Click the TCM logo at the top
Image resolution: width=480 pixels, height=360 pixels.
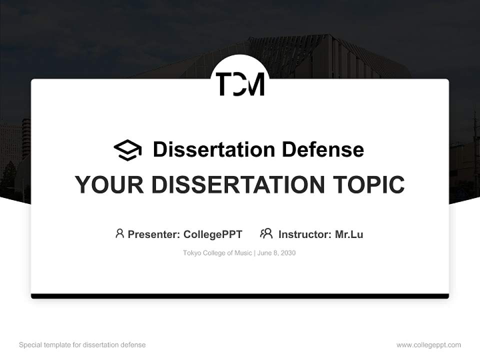[x=240, y=83]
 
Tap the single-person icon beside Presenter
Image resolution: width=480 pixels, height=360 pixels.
[x=119, y=233]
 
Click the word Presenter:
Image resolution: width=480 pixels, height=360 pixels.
[x=154, y=234]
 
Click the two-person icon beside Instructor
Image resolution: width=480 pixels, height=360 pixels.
[x=266, y=233]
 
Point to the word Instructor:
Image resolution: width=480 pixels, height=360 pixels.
[x=305, y=234]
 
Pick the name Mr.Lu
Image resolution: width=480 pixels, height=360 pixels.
[x=349, y=234]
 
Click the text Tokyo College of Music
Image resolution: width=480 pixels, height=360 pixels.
[x=217, y=253]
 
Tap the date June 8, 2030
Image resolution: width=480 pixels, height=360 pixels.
[x=276, y=253]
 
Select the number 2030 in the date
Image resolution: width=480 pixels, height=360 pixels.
[x=288, y=253]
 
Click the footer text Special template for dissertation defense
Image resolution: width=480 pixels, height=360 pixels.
[x=82, y=345]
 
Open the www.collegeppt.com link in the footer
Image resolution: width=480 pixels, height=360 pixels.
[x=428, y=345]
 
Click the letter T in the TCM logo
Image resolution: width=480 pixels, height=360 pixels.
[x=223, y=83]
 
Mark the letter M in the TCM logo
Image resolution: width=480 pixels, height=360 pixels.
[x=255, y=83]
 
